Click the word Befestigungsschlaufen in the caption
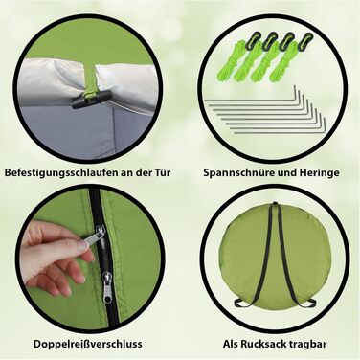tap(57, 173)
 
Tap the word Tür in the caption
tap(162, 172)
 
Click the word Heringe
tap(319, 173)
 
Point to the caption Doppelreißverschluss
tap(88, 344)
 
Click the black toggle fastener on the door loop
tap(92, 99)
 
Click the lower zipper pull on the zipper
tap(107, 286)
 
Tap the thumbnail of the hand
tap(82, 245)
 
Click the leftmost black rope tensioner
tap(256, 37)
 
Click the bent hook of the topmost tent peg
tap(296, 94)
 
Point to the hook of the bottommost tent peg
tap(324, 127)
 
